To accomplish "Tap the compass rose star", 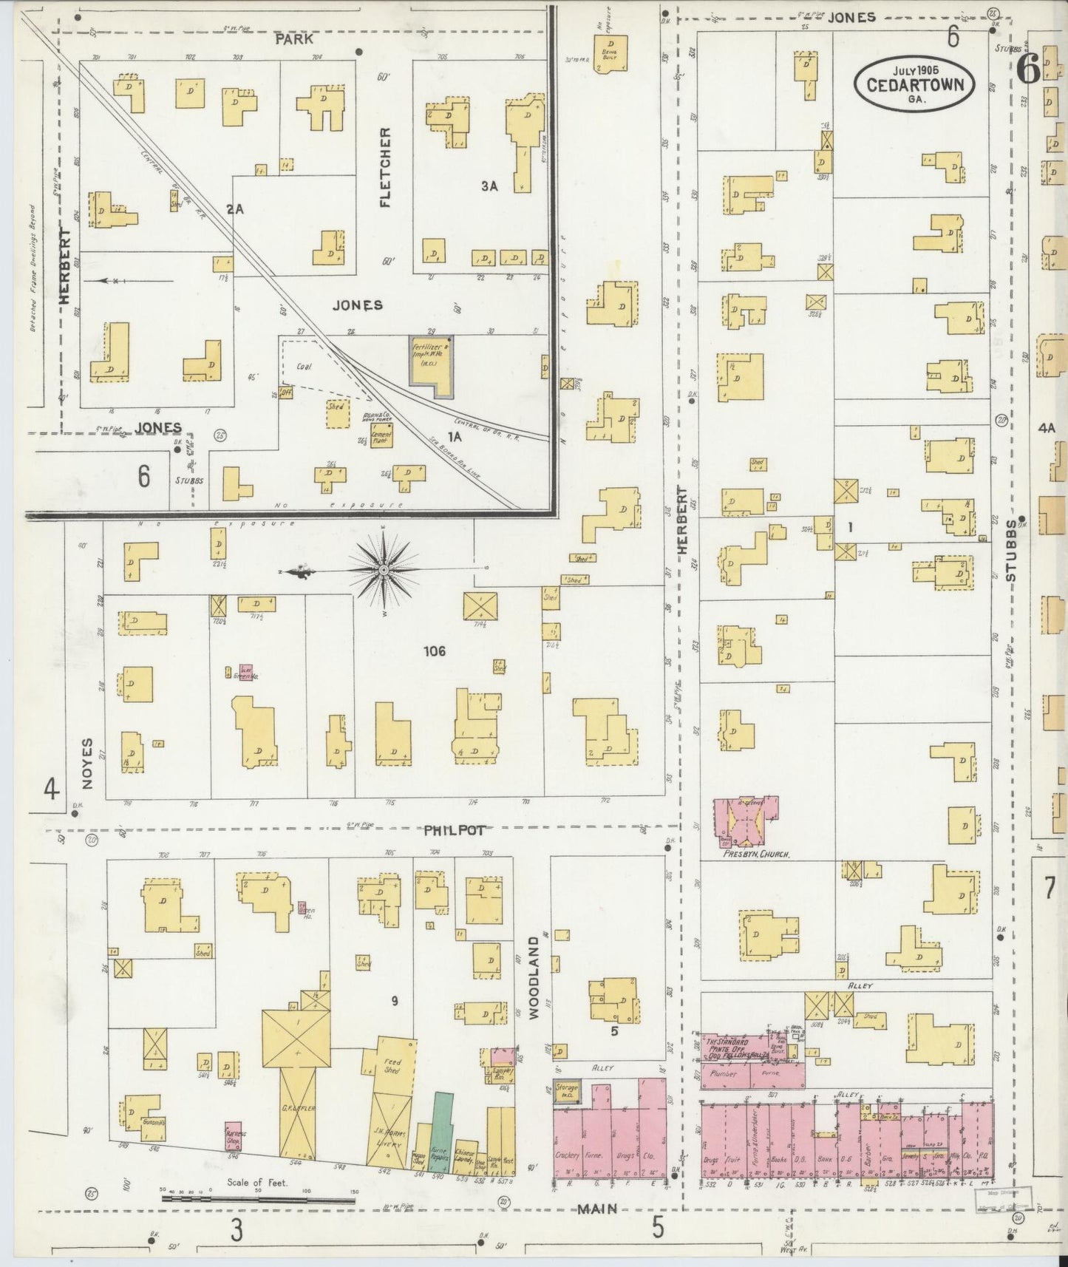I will pos(384,571).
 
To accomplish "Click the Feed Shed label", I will pos(392,1066).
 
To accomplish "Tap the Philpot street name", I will pos(455,830).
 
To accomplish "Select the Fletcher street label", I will pos(385,167).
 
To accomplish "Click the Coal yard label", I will pos(303,366).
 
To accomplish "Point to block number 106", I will pos(435,651).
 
